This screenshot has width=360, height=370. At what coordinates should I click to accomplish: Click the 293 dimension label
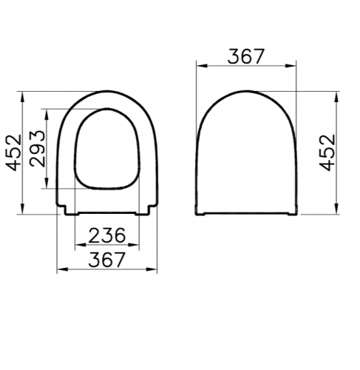click(x=38, y=149)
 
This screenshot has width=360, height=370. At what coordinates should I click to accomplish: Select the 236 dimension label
click(x=107, y=235)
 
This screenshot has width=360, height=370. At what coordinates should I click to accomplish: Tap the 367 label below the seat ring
click(x=107, y=260)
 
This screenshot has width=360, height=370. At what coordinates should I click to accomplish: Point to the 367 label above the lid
click(x=246, y=56)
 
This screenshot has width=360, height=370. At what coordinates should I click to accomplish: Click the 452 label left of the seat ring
click(x=14, y=152)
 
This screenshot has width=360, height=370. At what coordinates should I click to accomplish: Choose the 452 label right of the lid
click(x=327, y=152)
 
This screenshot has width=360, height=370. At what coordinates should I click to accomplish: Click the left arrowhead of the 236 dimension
click(x=81, y=245)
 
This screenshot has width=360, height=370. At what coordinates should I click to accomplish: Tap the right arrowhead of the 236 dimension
click(x=134, y=245)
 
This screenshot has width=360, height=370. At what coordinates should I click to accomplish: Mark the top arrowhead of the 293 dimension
click(x=47, y=115)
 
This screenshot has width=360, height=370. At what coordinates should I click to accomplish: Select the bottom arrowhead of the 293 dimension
click(x=47, y=183)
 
